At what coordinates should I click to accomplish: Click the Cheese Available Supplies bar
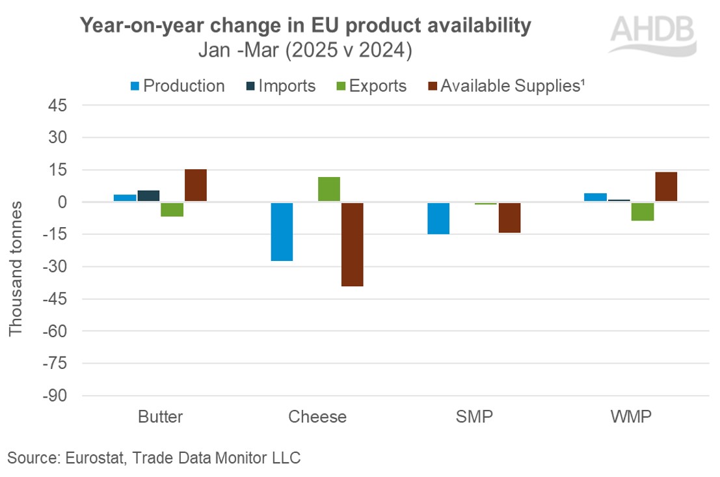tap(352, 244)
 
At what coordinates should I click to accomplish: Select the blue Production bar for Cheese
tap(282, 232)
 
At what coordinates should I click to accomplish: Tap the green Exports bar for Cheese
tap(328, 189)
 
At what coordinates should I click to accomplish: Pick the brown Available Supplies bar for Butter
tap(195, 185)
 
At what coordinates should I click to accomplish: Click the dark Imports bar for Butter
tap(148, 196)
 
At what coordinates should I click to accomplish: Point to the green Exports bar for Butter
tap(172, 209)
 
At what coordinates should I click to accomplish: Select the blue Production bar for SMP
tap(438, 218)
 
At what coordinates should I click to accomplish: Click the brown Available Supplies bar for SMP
tap(509, 217)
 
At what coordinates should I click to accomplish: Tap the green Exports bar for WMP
tap(643, 211)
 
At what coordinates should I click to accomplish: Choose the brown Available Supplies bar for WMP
tap(666, 187)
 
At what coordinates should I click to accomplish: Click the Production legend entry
tap(176, 86)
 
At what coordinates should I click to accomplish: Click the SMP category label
tap(474, 416)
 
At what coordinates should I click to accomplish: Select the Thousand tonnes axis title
tap(16, 268)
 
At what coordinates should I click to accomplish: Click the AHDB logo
tap(653, 34)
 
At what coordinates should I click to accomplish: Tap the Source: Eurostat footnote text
tap(154, 457)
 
